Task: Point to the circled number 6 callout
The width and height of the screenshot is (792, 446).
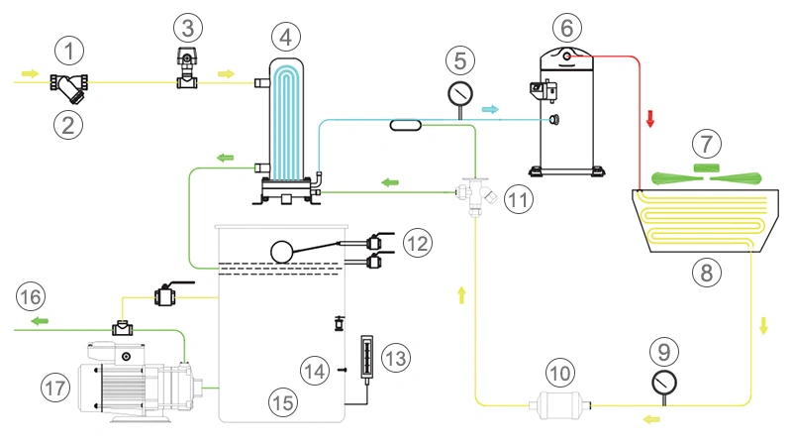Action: [x=568, y=28]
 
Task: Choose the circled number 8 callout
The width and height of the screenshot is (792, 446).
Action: [x=707, y=273]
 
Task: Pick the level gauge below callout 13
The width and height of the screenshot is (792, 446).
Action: [x=363, y=356]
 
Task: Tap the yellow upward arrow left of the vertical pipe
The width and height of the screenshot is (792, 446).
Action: [x=460, y=293]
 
